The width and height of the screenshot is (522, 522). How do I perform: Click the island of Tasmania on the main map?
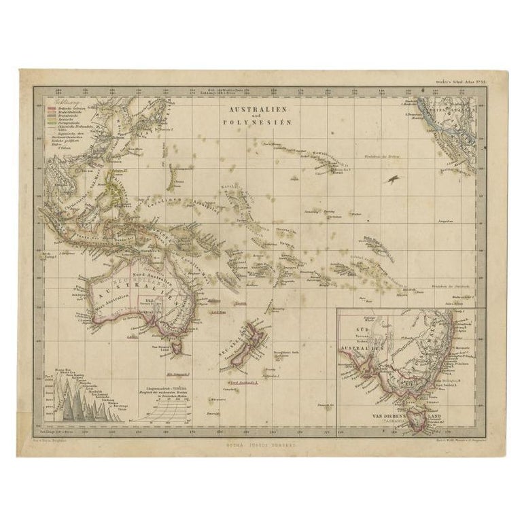point(179,347)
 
